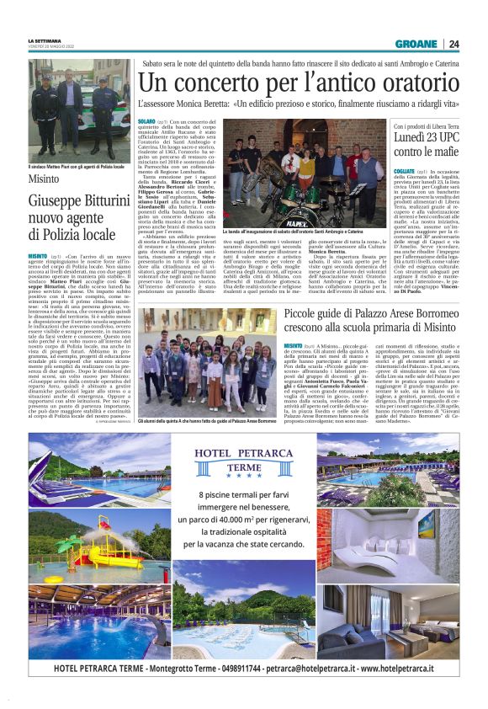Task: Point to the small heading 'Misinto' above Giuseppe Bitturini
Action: pyautogui.click(x=43, y=179)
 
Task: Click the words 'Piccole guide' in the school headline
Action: pyautogui.click(x=321, y=314)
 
